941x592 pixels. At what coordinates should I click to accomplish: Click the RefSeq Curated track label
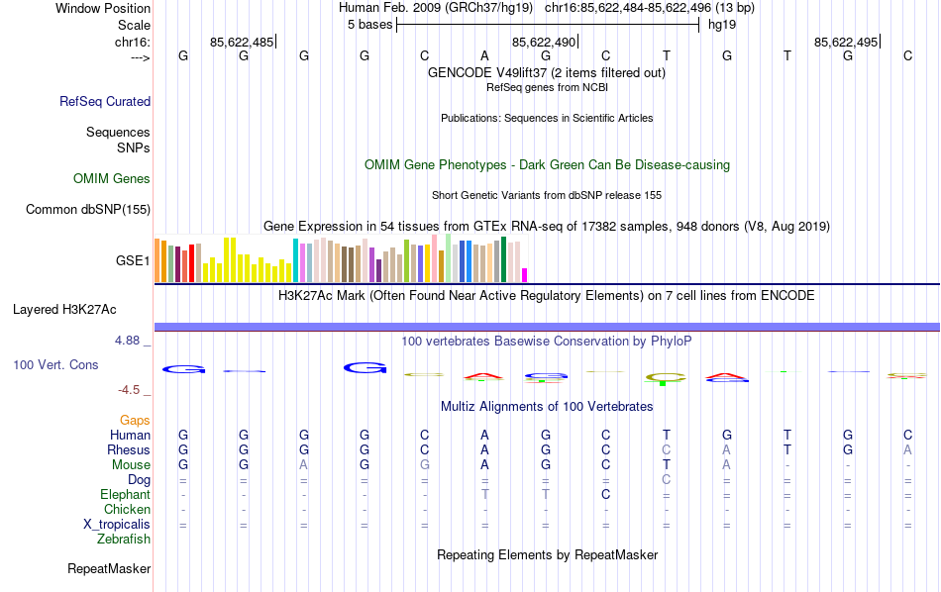point(105,101)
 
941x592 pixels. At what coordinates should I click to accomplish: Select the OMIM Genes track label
point(112,179)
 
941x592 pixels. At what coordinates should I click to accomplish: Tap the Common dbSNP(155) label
point(88,209)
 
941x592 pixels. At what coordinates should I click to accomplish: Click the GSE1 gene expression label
point(133,261)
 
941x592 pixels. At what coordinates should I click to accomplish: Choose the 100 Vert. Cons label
point(55,365)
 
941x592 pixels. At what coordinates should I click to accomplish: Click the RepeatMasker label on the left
point(109,569)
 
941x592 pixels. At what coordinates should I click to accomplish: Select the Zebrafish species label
point(124,540)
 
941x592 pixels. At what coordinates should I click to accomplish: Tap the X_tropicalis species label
point(117,525)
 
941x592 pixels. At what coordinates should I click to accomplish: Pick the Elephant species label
point(125,495)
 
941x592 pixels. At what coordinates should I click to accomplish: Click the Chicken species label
point(127,510)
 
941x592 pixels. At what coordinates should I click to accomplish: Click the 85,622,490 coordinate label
point(544,43)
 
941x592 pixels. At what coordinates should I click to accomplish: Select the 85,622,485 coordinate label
point(242,43)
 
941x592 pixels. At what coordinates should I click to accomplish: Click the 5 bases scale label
point(369,25)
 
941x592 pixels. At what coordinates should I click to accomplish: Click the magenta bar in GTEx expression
point(525,275)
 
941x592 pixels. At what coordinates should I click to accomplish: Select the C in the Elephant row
point(605,494)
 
